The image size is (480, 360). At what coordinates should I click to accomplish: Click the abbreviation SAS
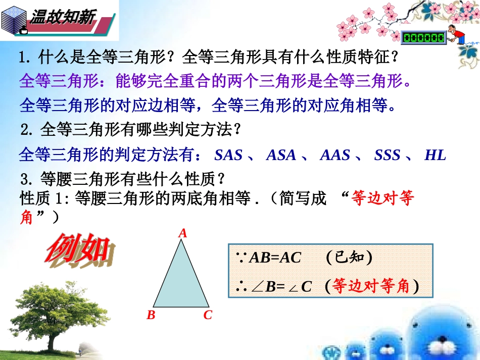coord(228,155)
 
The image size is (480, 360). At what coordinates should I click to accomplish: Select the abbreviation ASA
coord(281,155)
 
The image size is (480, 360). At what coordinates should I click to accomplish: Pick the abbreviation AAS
coord(335,155)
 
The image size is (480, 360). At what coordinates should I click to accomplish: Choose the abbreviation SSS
coord(387,155)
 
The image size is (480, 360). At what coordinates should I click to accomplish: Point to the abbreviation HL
coord(435,155)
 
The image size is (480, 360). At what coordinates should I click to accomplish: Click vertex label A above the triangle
coord(183,233)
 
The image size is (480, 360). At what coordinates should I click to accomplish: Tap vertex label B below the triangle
coord(151,316)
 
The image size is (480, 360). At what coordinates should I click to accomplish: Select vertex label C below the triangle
coord(208,316)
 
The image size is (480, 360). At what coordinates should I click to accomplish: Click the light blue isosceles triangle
coord(181,280)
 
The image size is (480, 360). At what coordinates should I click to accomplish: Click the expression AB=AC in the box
coord(276,258)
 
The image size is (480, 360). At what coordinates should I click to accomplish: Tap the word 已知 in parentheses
coord(349,258)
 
